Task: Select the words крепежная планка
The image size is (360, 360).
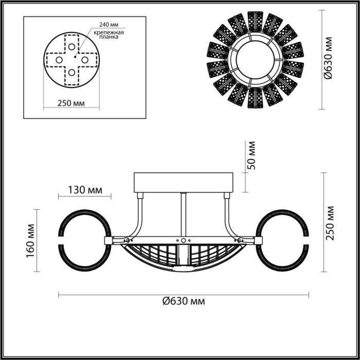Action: (x=106, y=34)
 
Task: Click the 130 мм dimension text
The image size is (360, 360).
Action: (x=84, y=189)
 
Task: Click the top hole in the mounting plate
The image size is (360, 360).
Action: (x=71, y=46)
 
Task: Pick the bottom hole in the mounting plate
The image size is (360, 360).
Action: (x=71, y=71)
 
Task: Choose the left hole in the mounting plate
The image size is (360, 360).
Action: (x=58, y=59)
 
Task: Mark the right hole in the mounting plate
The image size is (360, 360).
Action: (x=85, y=59)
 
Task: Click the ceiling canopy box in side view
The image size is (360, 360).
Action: (x=184, y=183)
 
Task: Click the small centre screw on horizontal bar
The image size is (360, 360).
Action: (x=183, y=240)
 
